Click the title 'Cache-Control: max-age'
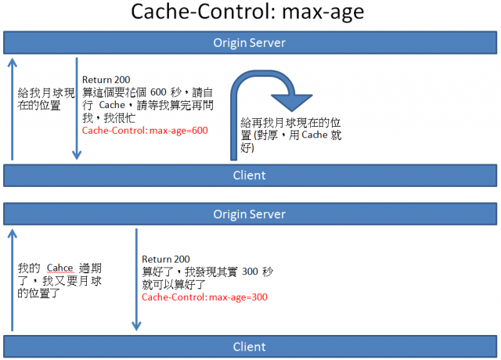click(247, 13)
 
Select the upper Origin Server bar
click(250, 42)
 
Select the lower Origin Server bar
click(250, 214)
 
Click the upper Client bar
click(250, 175)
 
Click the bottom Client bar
click(250, 347)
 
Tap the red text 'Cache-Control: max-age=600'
click(145, 131)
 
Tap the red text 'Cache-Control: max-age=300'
click(204, 297)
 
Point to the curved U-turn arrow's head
click(291, 103)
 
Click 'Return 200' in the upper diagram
click(106, 80)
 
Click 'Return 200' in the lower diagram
click(166, 259)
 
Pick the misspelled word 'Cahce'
click(60, 268)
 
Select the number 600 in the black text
click(158, 92)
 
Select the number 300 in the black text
click(250, 272)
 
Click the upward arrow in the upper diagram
click(13, 109)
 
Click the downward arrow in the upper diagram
click(77, 109)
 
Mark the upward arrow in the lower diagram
click(13, 280)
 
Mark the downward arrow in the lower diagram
click(136, 280)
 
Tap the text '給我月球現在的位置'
click(46, 99)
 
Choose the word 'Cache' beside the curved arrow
click(315, 135)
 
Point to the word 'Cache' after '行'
click(112, 105)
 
